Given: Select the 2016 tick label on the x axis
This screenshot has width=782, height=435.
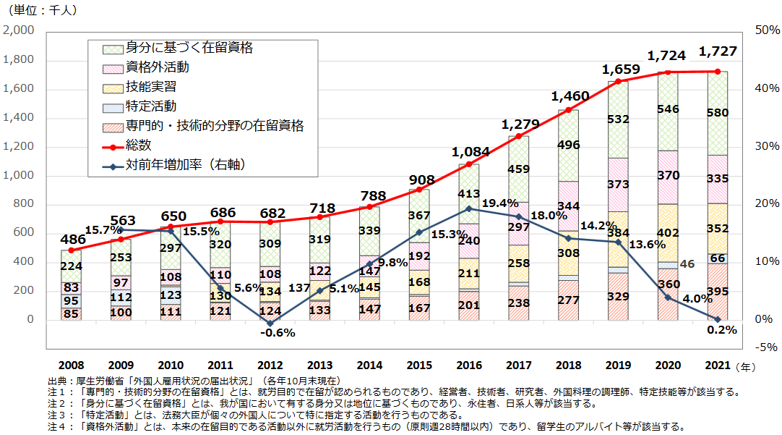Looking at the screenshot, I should (x=471, y=366).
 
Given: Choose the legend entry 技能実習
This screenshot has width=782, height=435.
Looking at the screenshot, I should (x=151, y=87).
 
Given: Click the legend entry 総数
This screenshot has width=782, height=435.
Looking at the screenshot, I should (x=137, y=145).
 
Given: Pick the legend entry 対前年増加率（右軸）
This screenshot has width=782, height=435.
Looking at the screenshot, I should (x=187, y=165).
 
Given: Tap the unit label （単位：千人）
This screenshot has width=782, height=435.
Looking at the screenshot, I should (x=41, y=11).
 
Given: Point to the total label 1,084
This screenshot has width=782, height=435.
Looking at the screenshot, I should (x=471, y=153).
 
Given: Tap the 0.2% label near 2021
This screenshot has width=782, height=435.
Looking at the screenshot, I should (x=721, y=329).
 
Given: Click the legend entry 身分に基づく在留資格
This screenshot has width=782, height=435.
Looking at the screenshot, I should (x=189, y=48).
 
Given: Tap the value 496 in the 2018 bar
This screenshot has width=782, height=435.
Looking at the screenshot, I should (x=567, y=145).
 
